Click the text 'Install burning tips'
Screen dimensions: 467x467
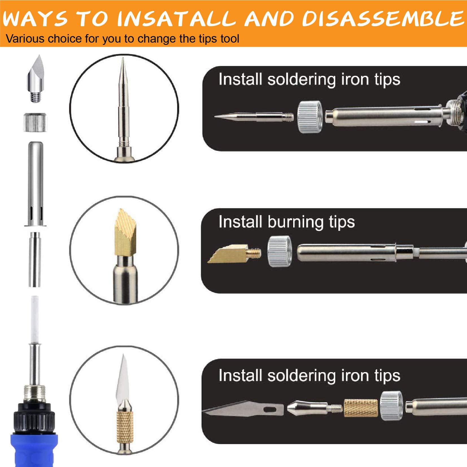[x=287, y=222]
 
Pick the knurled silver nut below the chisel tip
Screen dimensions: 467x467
[x=35, y=122]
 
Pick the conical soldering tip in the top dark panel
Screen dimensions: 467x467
[x=254, y=116]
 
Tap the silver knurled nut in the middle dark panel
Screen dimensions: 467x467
[x=280, y=251]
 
